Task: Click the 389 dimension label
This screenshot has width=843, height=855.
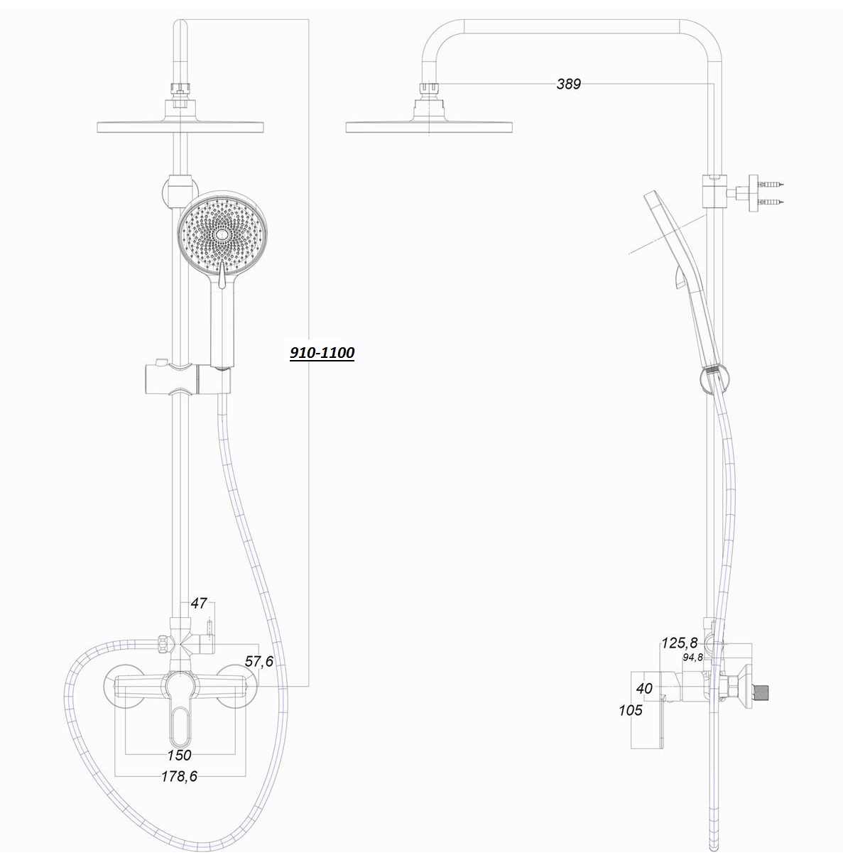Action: coord(568,84)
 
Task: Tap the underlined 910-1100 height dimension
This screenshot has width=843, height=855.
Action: coord(322,353)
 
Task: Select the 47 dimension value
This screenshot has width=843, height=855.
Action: coord(198,603)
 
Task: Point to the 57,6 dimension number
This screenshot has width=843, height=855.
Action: coord(259,661)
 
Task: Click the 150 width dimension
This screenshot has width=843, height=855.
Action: coord(180,755)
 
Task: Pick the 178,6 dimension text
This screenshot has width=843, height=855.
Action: coord(180,776)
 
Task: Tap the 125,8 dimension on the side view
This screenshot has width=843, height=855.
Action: coord(680,643)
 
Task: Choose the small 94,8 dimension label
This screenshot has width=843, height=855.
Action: coord(692,658)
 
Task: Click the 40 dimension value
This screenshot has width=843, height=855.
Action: coord(644,688)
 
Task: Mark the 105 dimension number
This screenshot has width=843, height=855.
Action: coord(631,710)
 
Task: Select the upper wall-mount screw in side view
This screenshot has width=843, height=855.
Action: coord(773,184)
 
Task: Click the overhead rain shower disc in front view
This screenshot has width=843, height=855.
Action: coord(180,127)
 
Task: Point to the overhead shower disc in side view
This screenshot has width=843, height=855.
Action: coord(429,127)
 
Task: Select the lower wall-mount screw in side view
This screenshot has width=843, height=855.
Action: coord(773,202)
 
